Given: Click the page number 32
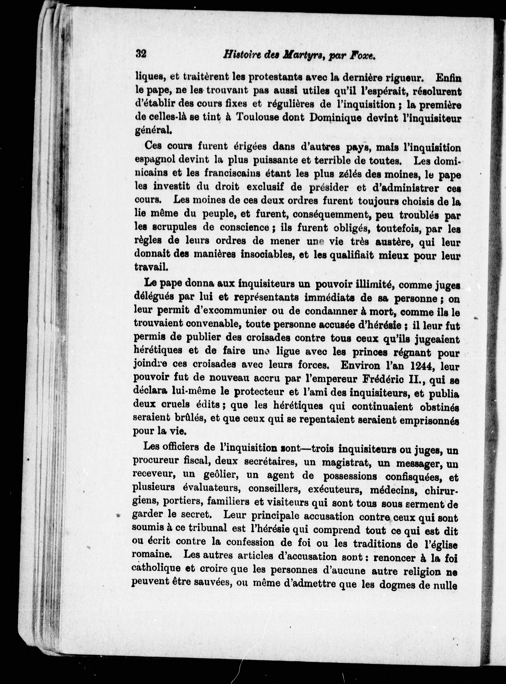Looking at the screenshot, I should click(141, 54).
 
